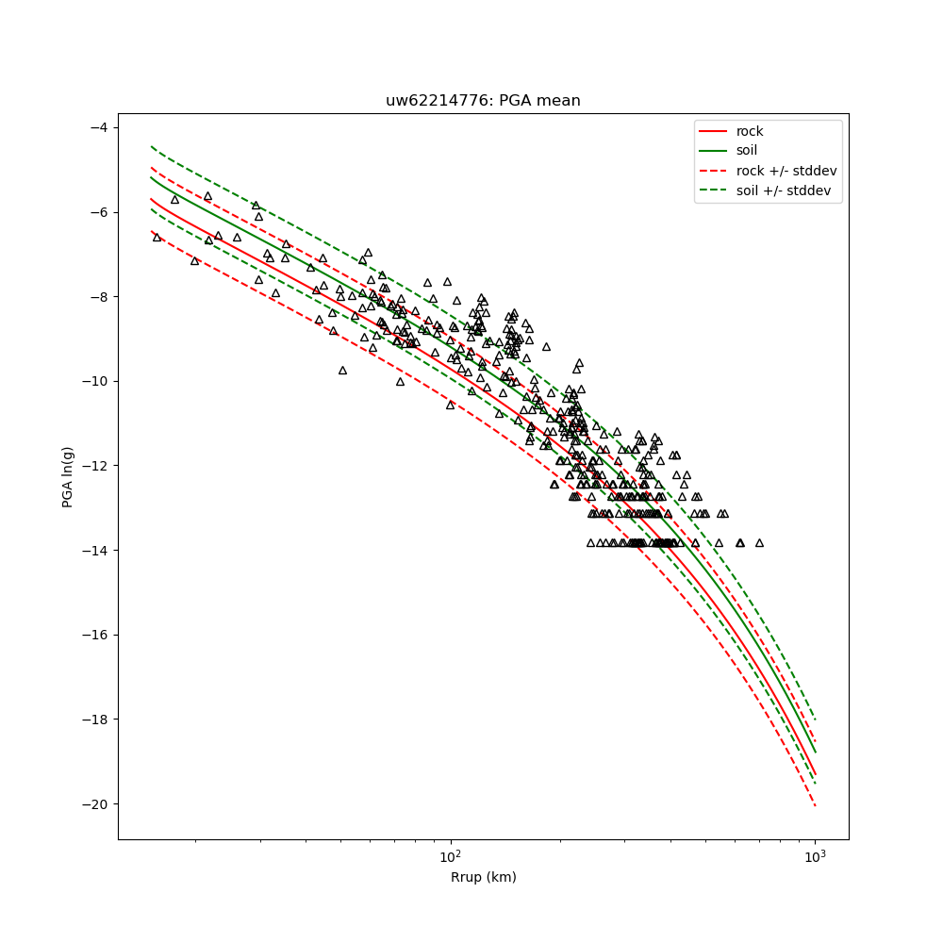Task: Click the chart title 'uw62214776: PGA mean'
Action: click(483, 101)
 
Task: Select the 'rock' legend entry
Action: click(750, 131)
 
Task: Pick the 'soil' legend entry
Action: click(747, 151)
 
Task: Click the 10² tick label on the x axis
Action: click(451, 855)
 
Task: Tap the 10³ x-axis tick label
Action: click(815, 855)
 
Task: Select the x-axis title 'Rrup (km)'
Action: click(483, 878)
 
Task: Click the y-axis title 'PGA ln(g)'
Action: click(68, 476)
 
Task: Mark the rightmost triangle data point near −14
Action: click(759, 542)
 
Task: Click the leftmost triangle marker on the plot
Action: click(157, 237)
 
